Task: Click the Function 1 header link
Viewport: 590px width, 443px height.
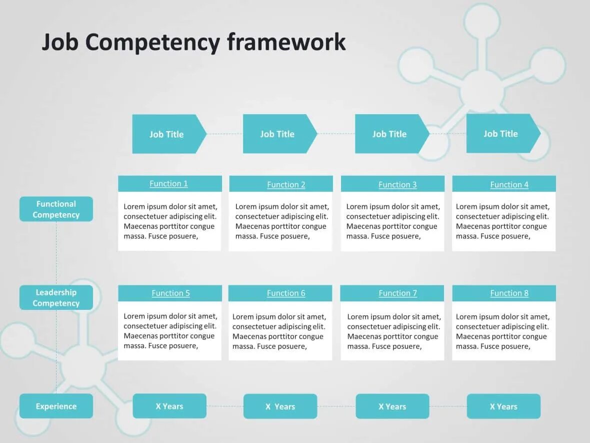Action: [168, 184]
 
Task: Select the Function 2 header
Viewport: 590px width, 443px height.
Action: [286, 185]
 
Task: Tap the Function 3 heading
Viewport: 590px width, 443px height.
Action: [397, 185]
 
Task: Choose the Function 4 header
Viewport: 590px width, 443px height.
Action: [509, 185]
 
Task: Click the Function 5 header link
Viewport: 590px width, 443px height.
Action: [170, 293]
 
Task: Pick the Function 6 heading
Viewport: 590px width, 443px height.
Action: [286, 293]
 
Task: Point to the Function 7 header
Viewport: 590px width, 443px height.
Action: [397, 293]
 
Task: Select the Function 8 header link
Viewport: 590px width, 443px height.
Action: [509, 293]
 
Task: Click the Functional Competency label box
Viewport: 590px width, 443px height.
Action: [56, 209]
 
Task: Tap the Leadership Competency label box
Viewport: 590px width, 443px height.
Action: [56, 298]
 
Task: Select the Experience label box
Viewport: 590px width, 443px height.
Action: [56, 406]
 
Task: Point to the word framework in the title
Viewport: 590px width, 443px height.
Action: [286, 43]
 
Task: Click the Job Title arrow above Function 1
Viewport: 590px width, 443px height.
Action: [167, 134]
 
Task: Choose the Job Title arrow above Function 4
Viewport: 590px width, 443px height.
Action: [501, 134]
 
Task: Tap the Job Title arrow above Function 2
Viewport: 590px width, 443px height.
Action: [277, 134]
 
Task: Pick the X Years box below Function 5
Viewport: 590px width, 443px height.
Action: [169, 406]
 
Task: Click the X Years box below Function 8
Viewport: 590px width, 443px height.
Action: [503, 406]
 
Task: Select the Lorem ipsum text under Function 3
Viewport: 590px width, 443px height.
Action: [393, 221]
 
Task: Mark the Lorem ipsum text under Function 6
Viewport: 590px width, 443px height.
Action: [279, 331]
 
